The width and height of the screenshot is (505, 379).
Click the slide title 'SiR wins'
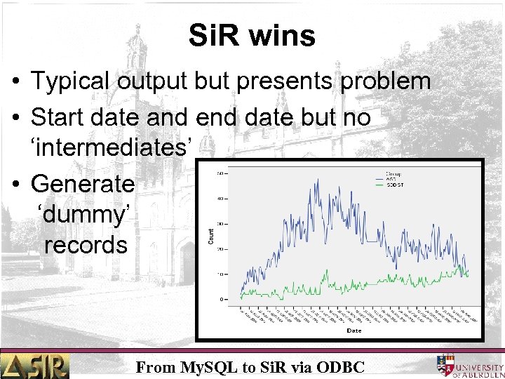coord(252,35)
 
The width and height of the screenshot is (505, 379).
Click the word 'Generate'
coord(83,184)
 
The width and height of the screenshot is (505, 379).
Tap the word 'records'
coord(86,245)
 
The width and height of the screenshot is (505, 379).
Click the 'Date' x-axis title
coord(353,330)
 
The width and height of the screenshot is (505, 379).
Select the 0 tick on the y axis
coord(222,299)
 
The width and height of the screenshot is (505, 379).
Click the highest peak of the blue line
coord(317,181)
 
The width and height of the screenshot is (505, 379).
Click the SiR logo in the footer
coord(35,366)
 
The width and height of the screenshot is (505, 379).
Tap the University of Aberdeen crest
coord(445,365)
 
